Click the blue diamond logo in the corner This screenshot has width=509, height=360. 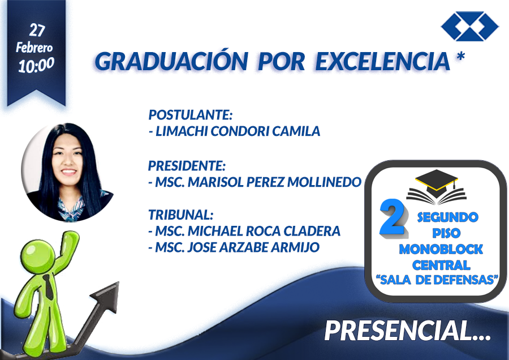(470, 26)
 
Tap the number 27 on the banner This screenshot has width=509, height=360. (37, 30)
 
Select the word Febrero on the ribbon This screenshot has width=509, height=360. (34, 48)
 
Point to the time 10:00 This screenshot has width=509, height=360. (36, 65)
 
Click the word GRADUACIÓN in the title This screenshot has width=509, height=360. (171, 61)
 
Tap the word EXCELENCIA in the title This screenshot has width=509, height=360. (383, 61)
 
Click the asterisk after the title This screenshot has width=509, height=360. (460, 56)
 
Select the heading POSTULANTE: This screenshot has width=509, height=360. (191, 115)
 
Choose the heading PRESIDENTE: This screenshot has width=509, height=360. (187, 166)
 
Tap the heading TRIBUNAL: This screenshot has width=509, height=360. (181, 215)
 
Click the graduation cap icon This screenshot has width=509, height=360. (437, 187)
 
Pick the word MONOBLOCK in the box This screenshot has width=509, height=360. (441, 249)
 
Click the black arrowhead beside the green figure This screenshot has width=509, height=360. (106, 295)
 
